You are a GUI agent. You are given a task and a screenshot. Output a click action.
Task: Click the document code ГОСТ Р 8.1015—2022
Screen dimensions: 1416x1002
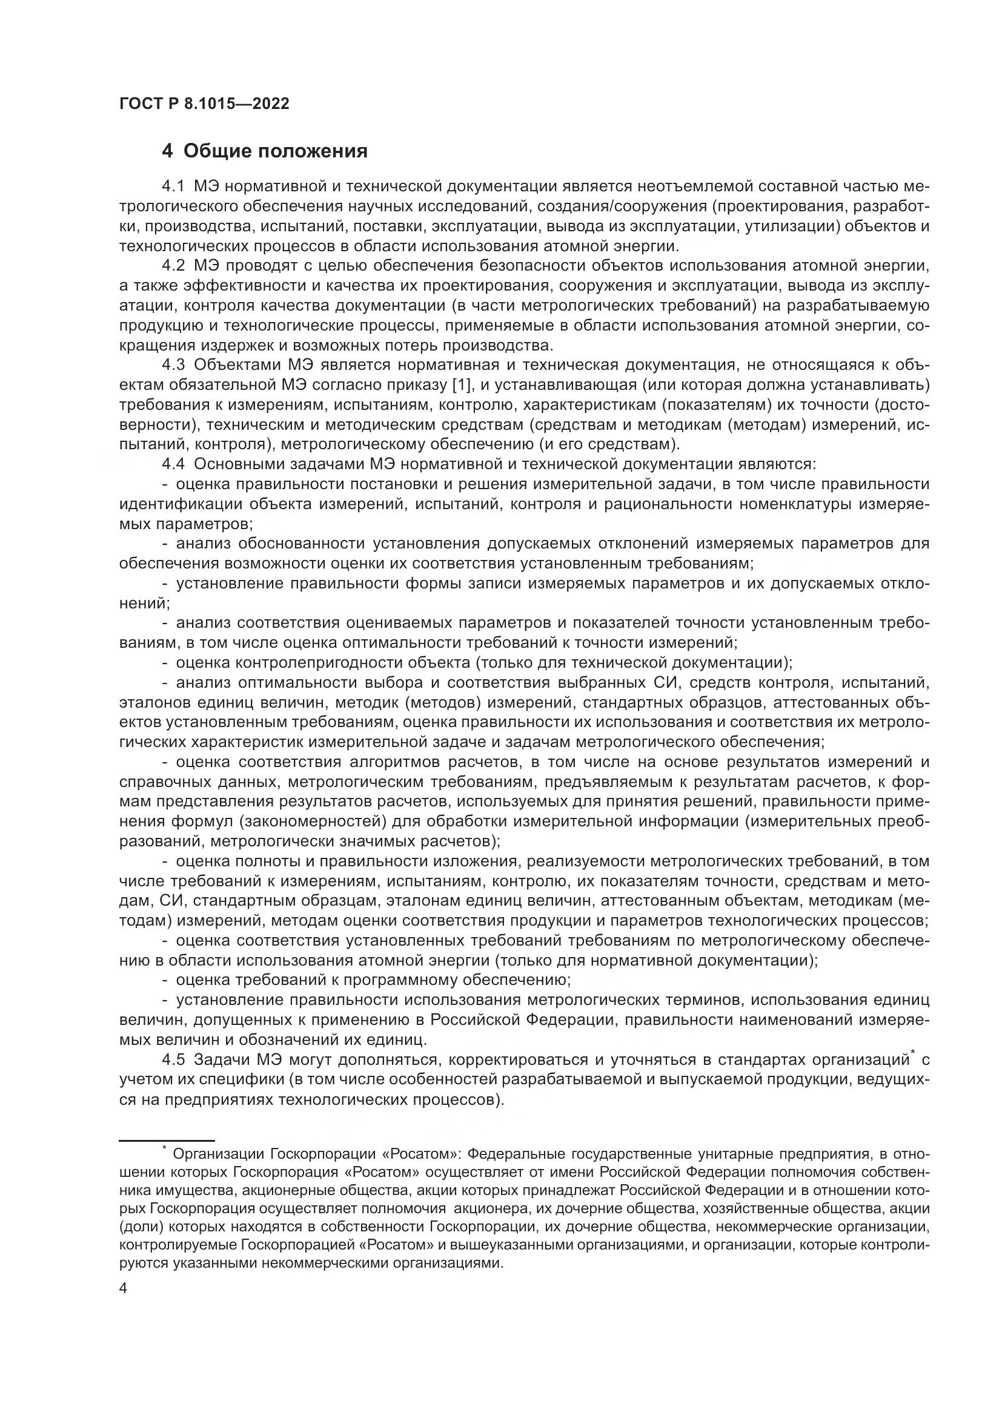(204, 104)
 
